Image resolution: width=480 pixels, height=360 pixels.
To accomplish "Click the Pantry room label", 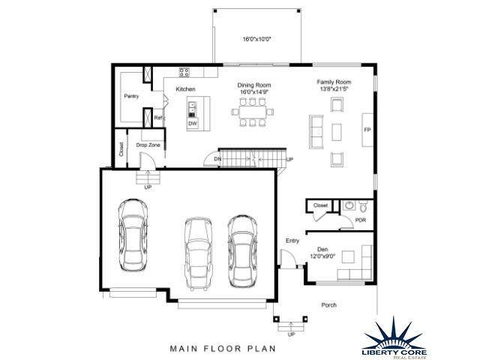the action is [131, 96].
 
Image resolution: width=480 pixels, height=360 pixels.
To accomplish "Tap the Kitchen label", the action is [185, 89].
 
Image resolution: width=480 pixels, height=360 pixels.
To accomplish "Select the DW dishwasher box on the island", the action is [193, 123].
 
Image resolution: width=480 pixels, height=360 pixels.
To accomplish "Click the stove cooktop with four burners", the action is [184, 73].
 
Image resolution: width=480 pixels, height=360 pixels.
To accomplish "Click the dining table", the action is [253, 112].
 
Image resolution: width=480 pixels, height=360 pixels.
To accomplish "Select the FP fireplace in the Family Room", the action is [367, 130].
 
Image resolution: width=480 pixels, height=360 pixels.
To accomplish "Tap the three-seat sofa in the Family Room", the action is [316, 132].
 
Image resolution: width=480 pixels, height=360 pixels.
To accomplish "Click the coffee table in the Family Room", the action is [337, 132].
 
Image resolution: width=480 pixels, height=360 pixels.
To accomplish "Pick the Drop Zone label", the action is [148, 145].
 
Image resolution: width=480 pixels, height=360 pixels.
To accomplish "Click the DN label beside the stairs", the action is [217, 159].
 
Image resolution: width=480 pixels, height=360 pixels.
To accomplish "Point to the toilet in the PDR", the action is [363, 207].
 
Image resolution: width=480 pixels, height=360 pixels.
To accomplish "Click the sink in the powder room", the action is [349, 205].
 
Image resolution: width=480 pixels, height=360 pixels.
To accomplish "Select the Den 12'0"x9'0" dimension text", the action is [322, 256].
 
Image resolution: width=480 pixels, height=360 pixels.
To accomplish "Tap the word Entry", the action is [292, 241].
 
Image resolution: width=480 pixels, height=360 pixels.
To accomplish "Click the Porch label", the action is [329, 305].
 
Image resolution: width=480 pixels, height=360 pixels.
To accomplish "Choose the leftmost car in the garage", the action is [133, 235].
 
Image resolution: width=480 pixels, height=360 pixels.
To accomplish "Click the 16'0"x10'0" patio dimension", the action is [257, 39].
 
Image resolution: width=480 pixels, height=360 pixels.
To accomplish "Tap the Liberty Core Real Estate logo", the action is [394, 339].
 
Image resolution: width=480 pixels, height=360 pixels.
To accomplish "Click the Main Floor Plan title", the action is [223, 349].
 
